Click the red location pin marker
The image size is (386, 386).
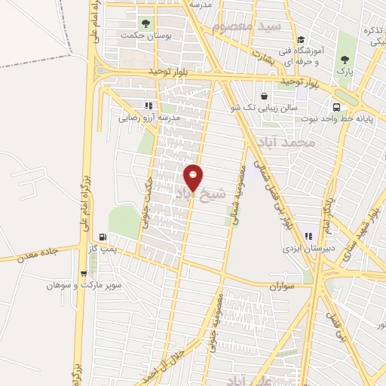pos(194,177)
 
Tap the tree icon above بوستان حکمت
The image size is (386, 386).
pos(146,23)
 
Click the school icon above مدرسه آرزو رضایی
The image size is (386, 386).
pos(149,106)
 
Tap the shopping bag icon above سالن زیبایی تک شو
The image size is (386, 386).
pos(265,96)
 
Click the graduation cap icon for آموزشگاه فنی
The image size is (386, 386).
pos(301,39)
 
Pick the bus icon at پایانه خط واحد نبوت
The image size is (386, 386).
pos(336,106)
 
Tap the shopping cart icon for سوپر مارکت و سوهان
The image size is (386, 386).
pos(84,274)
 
